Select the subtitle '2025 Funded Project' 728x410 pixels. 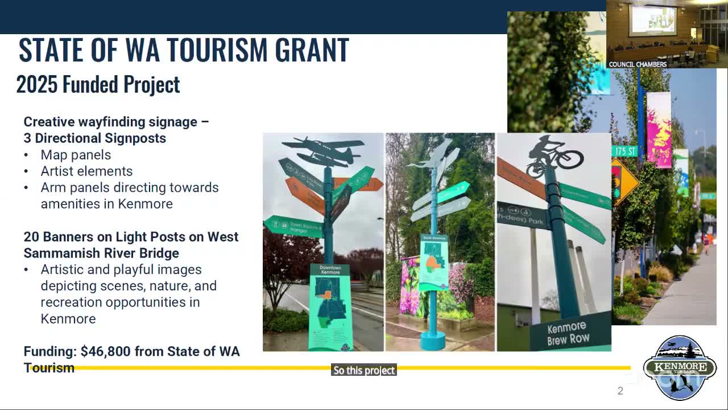tap(98, 84)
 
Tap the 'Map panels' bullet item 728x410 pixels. tap(76, 155)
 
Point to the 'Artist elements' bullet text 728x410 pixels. tap(86, 171)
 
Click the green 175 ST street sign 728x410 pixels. tap(624, 151)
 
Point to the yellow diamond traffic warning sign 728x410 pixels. tap(624, 181)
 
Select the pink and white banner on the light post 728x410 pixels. tap(659, 130)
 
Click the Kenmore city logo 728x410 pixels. tap(679, 367)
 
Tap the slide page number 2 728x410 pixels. tap(621, 391)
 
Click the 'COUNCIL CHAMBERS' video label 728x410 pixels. tap(638, 64)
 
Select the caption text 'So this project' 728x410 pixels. tap(364, 370)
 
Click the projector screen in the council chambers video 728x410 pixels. tap(653, 19)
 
